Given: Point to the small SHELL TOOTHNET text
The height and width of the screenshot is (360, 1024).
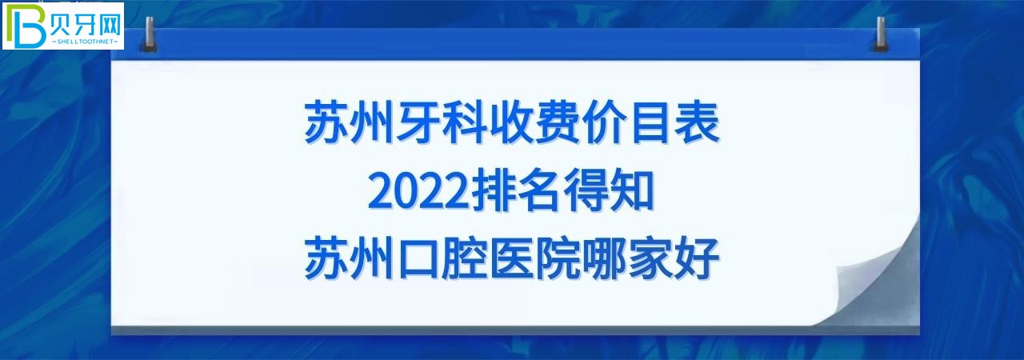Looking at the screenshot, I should click(x=84, y=39).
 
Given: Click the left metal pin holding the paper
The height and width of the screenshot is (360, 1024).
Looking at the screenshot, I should click(x=148, y=37).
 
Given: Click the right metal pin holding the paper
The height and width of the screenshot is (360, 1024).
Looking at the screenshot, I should click(x=882, y=37).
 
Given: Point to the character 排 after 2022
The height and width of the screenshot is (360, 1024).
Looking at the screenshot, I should click(x=488, y=193).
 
